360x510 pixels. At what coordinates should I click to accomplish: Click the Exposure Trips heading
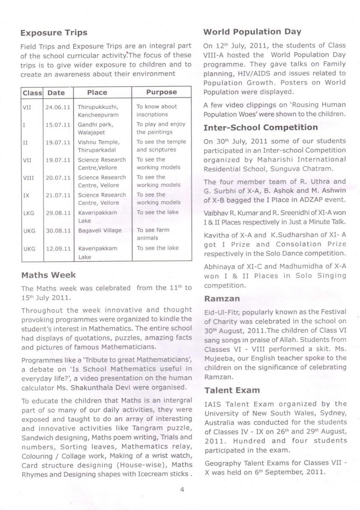(x=54, y=33)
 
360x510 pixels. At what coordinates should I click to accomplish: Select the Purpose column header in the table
(x=162, y=92)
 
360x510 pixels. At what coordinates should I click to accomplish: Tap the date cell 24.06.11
(x=58, y=107)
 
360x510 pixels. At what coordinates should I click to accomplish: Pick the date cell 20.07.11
(x=58, y=178)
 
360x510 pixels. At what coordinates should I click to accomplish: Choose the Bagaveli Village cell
(x=99, y=230)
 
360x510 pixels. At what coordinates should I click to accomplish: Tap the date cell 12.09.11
(x=58, y=248)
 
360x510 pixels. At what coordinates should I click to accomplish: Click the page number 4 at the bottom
(x=182, y=490)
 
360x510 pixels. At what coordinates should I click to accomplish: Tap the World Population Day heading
(x=252, y=32)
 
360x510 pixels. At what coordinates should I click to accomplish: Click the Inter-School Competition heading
(x=261, y=127)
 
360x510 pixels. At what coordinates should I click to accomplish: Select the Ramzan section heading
(x=221, y=298)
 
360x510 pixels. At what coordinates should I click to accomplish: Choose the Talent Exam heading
(x=232, y=390)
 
